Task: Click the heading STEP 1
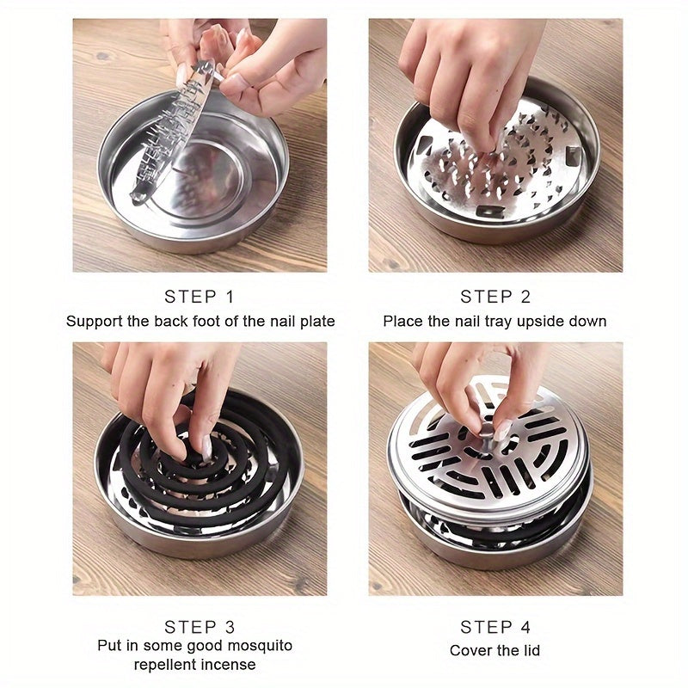200,297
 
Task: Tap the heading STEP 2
495,297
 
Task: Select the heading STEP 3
200,627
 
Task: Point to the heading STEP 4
495,627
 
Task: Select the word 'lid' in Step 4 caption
530,651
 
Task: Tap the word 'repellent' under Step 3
165,665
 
